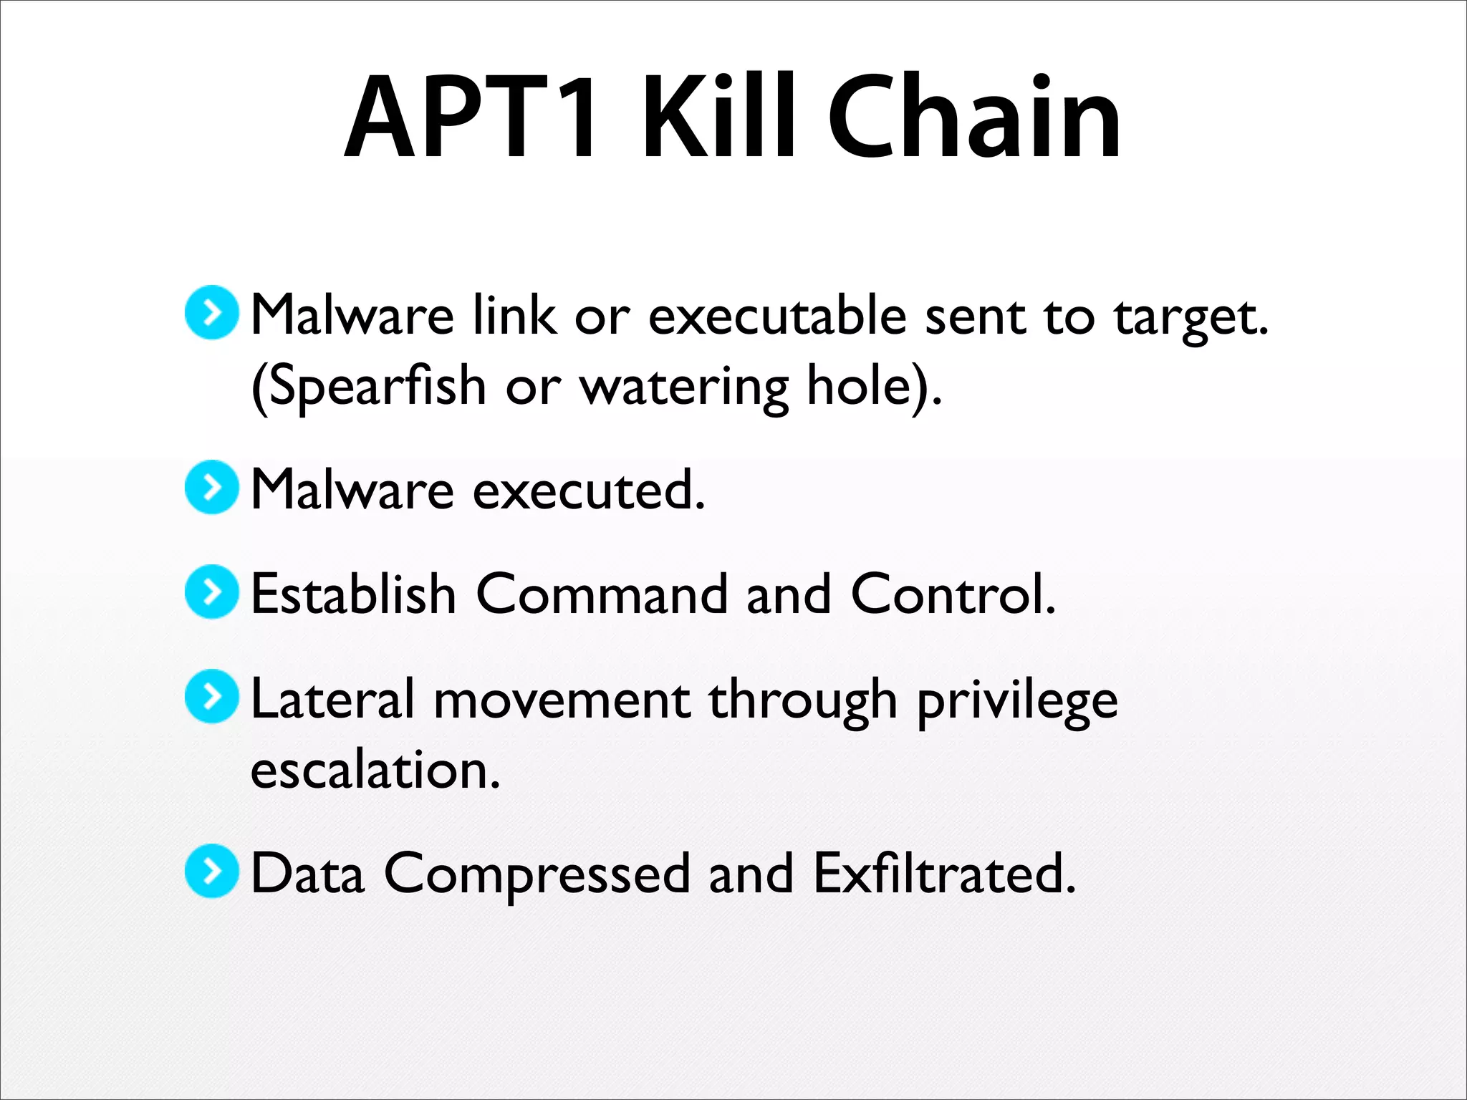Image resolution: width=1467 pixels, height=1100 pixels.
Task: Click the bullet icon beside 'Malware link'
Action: pyautogui.click(x=211, y=312)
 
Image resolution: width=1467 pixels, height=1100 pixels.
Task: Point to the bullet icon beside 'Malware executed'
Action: pyautogui.click(x=211, y=487)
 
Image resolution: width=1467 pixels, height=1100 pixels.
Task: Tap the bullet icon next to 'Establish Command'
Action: pyautogui.click(x=211, y=592)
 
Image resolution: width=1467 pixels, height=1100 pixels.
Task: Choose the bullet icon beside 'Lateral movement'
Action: pyautogui.click(x=211, y=696)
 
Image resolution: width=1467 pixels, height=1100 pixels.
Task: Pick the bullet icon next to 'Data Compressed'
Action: pyautogui.click(x=211, y=871)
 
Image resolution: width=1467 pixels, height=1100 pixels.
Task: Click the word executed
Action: pyautogui.click(x=589, y=491)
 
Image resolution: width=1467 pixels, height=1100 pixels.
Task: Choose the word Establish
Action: pyautogui.click(x=354, y=594)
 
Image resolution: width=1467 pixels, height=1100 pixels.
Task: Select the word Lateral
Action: pyautogui.click(x=333, y=700)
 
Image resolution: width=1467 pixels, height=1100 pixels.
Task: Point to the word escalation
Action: pyautogui.click(x=375, y=770)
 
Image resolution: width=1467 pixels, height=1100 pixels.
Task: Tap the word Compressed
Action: pyautogui.click(x=537, y=875)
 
